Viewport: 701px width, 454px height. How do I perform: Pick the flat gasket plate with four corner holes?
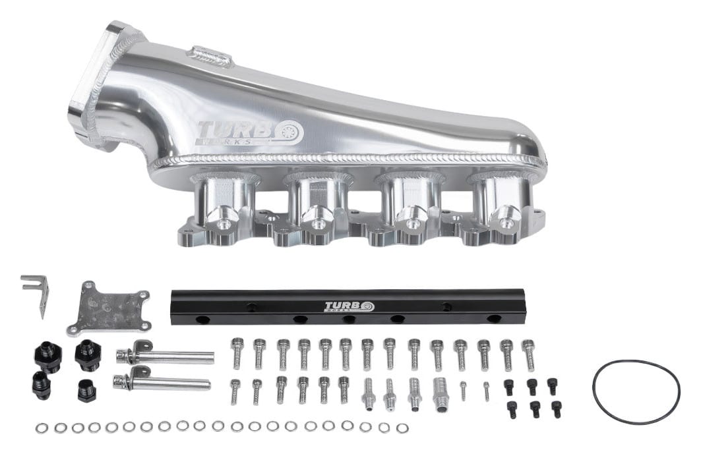coord(109,308)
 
